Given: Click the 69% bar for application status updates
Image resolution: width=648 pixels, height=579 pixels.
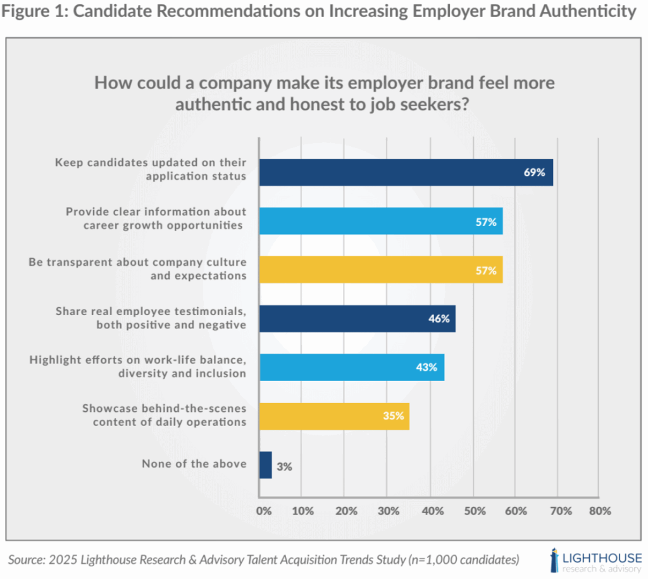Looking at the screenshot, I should pos(405,172).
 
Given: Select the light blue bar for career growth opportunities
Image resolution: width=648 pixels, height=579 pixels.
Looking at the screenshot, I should pos(380,221).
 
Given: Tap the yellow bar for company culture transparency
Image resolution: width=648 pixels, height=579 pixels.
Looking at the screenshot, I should pos(380,270).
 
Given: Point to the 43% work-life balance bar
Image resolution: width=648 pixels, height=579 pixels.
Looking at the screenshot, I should pos(351,367).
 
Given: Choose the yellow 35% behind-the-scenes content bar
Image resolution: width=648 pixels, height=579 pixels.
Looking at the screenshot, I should pos(333,416).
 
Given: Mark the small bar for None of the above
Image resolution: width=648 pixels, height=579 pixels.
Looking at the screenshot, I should pos(265,464).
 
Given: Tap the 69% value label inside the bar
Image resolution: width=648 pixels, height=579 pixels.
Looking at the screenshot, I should pos(534,172).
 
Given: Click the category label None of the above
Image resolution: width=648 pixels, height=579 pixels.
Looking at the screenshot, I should pos(194,464).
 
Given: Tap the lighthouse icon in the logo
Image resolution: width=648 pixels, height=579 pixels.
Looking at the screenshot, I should pos(555,560).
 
